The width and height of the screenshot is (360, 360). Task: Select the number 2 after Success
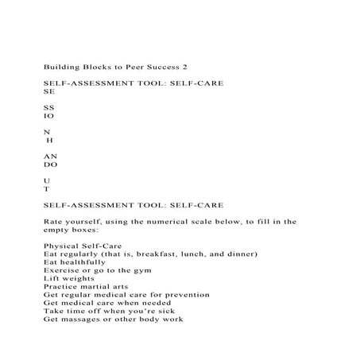(x=186, y=67)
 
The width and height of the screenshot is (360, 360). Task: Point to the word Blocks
(x=97, y=67)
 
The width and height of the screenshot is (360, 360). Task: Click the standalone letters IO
(x=49, y=115)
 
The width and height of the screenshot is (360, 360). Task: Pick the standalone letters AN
(x=50, y=157)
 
